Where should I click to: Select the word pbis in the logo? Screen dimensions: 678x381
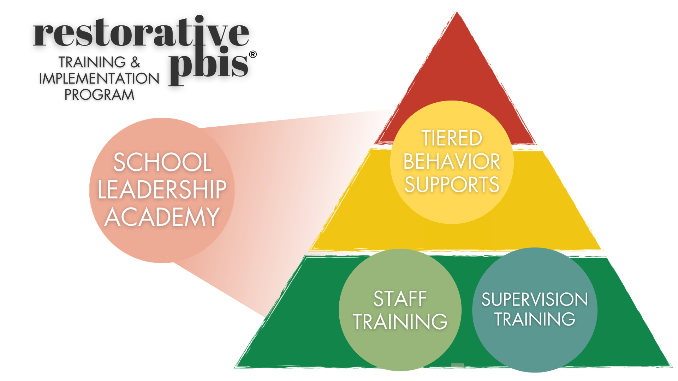pyautogui.click(x=208, y=65)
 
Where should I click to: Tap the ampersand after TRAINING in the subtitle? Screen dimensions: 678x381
pyautogui.click(x=135, y=62)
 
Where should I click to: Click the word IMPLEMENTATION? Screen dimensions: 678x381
pyautogui.click(x=99, y=78)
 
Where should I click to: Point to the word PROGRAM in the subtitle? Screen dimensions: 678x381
pyautogui.click(x=99, y=95)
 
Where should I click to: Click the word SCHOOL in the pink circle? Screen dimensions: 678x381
pyautogui.click(x=162, y=162)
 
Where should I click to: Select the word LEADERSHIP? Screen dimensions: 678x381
pyautogui.click(x=162, y=189)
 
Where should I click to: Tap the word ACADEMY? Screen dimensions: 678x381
pyautogui.click(x=162, y=217)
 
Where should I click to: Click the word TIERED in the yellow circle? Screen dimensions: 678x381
pyautogui.click(x=452, y=138)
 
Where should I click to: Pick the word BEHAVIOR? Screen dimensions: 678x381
pyautogui.click(x=452, y=161)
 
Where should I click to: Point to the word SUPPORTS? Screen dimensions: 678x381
pyautogui.click(x=452, y=185)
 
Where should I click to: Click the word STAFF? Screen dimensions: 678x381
pyautogui.click(x=400, y=299)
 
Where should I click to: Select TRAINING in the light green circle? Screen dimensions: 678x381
pyautogui.click(x=400, y=321)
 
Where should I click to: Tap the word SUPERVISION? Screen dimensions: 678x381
pyautogui.click(x=535, y=300)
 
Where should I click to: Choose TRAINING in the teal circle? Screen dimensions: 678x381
pyautogui.click(x=535, y=319)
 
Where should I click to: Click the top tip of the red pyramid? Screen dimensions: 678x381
pyautogui.click(x=456, y=13)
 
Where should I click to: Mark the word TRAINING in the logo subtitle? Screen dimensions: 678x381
pyautogui.click(x=92, y=62)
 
